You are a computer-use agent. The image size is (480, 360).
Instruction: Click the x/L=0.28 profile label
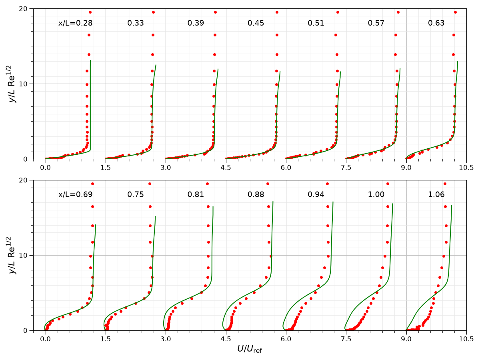(x=75, y=23)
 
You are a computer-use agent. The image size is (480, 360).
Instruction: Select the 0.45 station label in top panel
(x=256, y=23)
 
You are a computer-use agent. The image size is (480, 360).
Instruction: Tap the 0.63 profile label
(x=436, y=23)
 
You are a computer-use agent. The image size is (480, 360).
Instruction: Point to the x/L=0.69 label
(x=75, y=194)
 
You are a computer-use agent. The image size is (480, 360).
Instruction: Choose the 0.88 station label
(x=256, y=194)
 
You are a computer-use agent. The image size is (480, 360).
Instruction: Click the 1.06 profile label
(x=436, y=194)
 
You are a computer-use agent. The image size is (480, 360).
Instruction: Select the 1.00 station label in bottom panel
(x=376, y=194)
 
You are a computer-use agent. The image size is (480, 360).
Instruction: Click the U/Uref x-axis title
(x=250, y=349)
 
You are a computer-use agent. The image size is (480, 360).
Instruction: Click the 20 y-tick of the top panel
(x=23, y=9)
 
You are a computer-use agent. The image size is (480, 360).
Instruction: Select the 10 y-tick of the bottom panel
(x=23, y=256)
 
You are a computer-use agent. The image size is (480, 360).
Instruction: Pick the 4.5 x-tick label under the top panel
(x=226, y=168)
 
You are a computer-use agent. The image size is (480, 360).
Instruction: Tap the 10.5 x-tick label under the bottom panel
(x=466, y=339)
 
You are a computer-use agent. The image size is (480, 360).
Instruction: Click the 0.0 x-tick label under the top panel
(x=45, y=168)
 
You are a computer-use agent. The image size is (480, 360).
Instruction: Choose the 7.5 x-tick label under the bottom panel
(x=346, y=339)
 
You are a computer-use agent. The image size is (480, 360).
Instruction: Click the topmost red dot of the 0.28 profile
(x=90, y=12)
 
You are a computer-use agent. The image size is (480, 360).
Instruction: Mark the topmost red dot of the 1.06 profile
(x=445, y=184)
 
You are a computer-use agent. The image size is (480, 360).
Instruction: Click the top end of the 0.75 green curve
(x=155, y=216)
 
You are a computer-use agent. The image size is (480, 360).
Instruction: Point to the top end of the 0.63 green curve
(x=458, y=61)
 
